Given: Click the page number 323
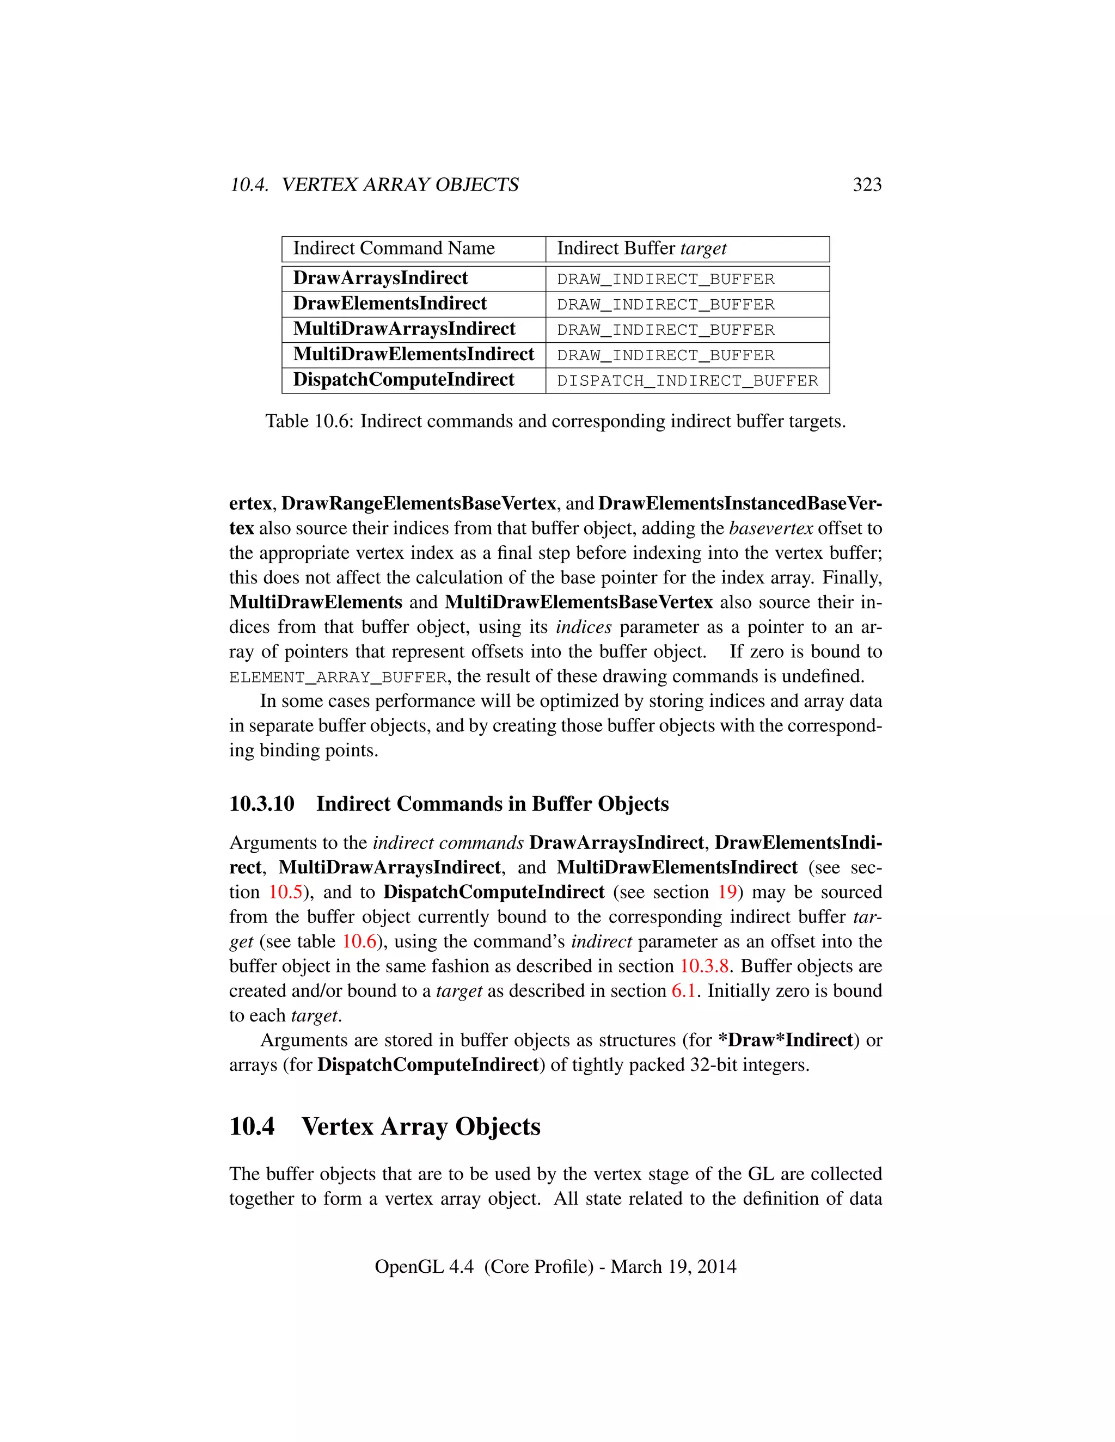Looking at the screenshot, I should pos(867,185).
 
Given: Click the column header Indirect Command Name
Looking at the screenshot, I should pos(394,248).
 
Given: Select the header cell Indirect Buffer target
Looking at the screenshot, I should pos(641,248).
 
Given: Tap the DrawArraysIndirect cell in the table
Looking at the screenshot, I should pos(381,278).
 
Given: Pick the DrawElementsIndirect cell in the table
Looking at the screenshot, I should pos(390,304).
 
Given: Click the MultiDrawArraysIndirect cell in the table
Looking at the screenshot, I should pos(405,329).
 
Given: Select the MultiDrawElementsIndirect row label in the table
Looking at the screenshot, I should pos(414,355).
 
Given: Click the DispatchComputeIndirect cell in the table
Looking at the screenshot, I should pos(403,380).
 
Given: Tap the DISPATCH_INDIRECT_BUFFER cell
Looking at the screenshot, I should pos(687,381).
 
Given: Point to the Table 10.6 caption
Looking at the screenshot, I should pos(555,421).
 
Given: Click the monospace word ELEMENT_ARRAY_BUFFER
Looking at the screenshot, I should pos(338,677).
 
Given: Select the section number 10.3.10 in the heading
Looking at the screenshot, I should pos(261,804).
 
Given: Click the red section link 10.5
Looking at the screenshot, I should pos(285,892).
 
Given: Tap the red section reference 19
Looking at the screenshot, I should pos(727,892).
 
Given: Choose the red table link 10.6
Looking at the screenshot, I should pos(359,941).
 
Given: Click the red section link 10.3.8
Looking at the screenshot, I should pos(704,966).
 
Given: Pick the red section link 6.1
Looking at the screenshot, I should pos(684,991).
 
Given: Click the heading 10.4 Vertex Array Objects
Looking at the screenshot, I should pos(385,1126).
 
